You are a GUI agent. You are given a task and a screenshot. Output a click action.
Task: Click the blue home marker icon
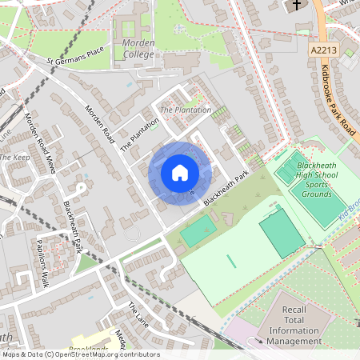180,173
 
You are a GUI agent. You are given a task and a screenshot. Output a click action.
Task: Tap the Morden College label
138,49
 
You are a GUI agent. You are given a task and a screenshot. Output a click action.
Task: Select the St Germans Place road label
76,56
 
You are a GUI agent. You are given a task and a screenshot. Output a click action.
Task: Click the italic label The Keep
14,158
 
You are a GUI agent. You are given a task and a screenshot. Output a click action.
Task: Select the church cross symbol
296,6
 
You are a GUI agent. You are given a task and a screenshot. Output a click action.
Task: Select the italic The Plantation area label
186,110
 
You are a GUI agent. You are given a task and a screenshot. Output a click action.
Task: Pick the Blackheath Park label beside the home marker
226,188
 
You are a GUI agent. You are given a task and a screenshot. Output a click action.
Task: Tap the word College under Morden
138,55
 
